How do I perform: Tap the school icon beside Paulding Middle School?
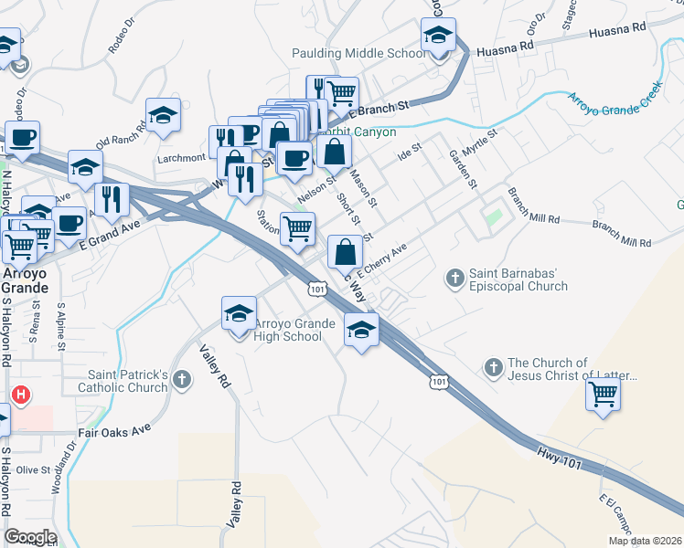point(439,38)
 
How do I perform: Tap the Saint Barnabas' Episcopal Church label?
point(518,279)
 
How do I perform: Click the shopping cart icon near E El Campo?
point(603,395)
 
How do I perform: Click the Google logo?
point(29,537)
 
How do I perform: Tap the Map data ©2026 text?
point(645,541)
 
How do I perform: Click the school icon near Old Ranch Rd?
point(163,115)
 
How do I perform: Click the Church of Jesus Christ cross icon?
point(493,367)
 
